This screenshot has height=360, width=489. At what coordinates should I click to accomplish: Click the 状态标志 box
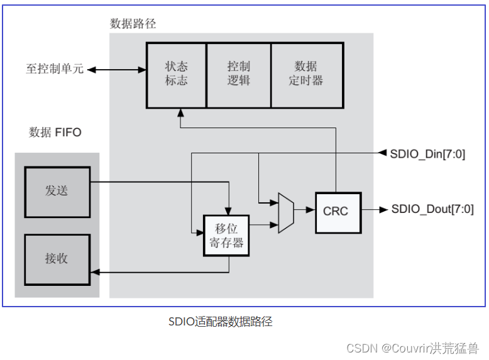click(176, 74)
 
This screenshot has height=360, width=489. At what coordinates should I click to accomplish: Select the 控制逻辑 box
click(238, 74)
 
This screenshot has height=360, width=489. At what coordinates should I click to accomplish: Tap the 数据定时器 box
click(306, 74)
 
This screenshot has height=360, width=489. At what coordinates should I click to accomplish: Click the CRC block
click(338, 211)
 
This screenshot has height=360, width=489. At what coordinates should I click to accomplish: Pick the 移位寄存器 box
click(226, 236)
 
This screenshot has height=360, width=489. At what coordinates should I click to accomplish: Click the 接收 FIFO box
click(57, 259)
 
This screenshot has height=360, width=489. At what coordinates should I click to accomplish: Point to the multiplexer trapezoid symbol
click(286, 213)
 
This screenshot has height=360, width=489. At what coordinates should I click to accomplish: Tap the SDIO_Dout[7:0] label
click(432, 210)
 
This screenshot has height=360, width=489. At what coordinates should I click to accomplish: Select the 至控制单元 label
click(54, 69)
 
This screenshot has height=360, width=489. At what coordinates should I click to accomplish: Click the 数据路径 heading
click(133, 24)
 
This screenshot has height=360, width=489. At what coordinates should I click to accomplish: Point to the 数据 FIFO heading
click(55, 133)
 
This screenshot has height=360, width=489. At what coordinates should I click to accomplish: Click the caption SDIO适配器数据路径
click(220, 322)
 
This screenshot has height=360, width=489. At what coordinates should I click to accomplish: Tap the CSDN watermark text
click(412, 347)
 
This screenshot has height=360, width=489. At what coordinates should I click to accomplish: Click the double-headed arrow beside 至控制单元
click(117, 69)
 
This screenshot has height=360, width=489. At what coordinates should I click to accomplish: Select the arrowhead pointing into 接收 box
click(95, 273)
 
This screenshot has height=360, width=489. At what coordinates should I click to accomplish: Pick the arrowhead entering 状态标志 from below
click(180, 113)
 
